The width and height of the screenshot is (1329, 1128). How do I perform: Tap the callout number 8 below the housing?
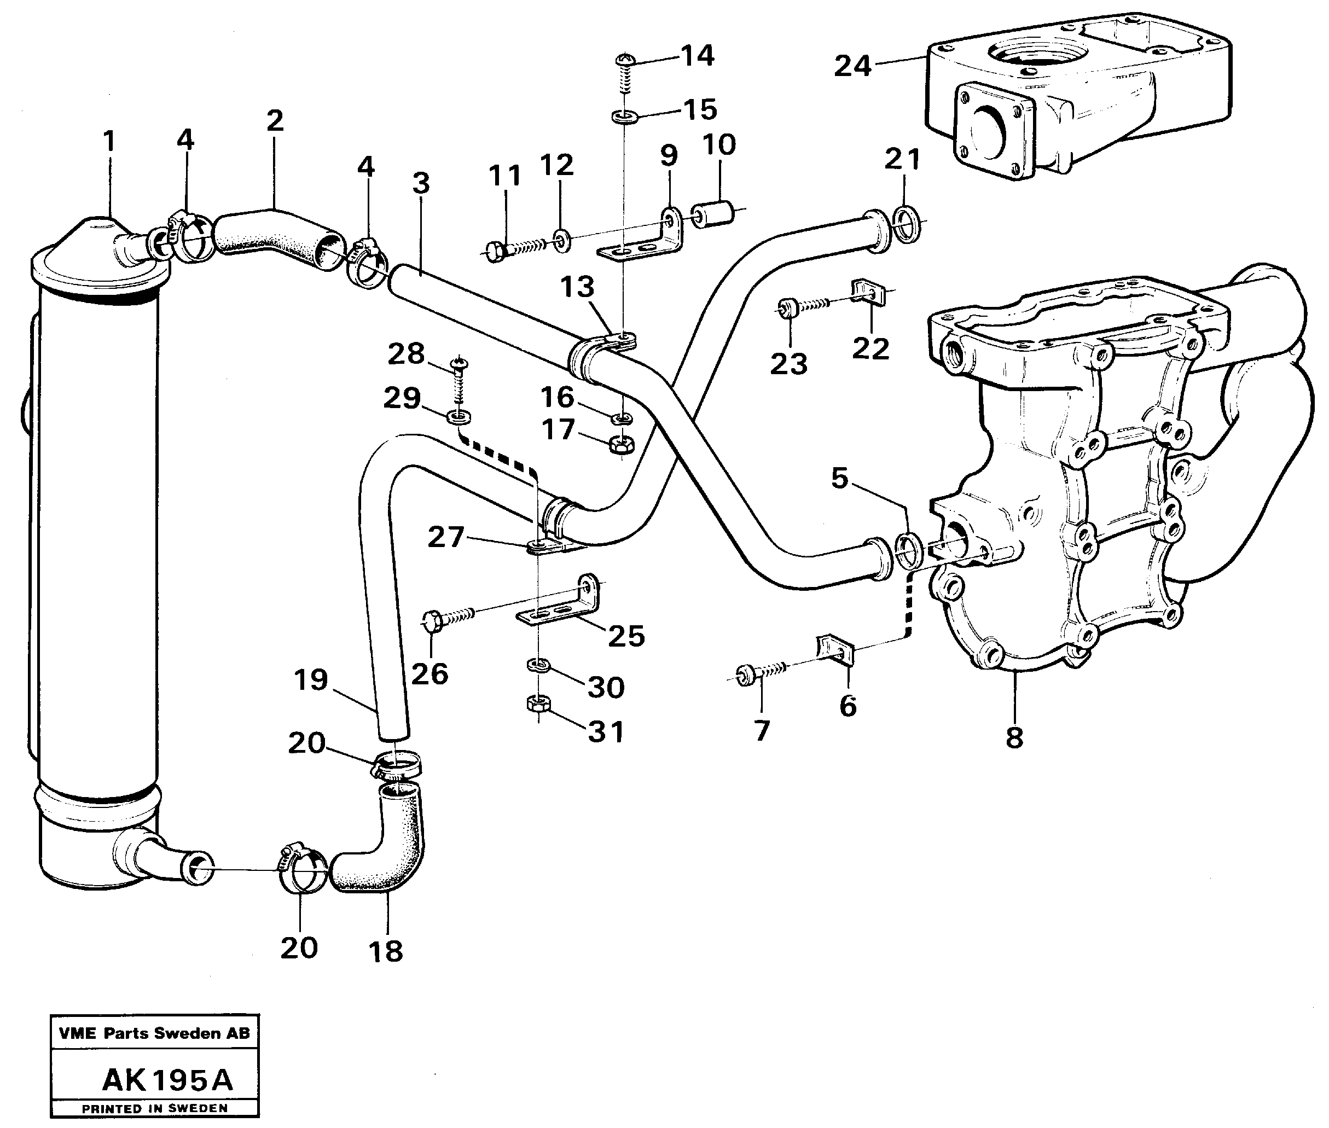[x=1014, y=737]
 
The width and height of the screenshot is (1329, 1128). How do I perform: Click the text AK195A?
[x=167, y=1079]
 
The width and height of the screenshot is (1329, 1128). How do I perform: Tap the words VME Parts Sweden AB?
[x=154, y=1033]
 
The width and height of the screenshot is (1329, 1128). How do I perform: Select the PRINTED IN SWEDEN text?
[x=154, y=1108]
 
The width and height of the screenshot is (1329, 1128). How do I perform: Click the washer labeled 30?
[x=538, y=666]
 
